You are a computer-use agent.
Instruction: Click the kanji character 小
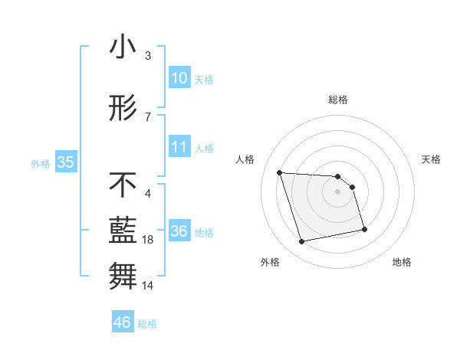coord(123,47)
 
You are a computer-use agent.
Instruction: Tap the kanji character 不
coord(123,185)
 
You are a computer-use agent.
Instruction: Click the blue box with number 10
coord(179,78)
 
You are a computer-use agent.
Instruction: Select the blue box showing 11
coord(179,147)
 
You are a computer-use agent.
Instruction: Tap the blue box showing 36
coord(179,231)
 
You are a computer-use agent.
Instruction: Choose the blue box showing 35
coord(65,162)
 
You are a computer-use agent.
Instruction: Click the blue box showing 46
coord(123,322)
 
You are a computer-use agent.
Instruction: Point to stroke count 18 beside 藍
coord(149,241)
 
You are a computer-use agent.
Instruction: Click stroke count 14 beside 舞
coord(149,286)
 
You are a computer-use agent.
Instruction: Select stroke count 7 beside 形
coord(147,117)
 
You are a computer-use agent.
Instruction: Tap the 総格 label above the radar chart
coord(338,100)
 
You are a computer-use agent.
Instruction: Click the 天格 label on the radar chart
coord(431,159)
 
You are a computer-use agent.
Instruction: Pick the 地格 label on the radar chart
coord(402,262)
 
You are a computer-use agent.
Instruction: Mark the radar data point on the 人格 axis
coord(280,172)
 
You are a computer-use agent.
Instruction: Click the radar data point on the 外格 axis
coord(302,242)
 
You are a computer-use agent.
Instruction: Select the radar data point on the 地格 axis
coord(364,228)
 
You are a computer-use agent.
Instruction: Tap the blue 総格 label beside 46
coord(147,324)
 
